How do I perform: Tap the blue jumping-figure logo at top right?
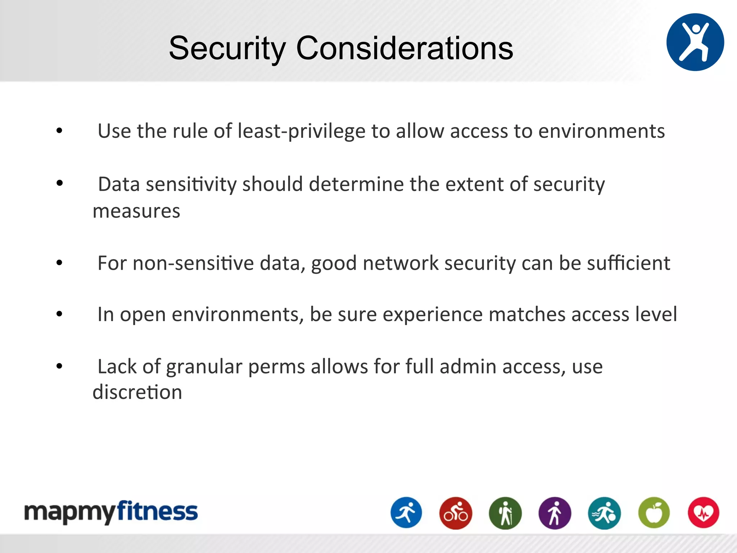(695, 42)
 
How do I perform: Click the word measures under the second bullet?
(136, 211)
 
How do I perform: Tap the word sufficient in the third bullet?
(628, 263)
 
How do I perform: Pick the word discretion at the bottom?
(137, 392)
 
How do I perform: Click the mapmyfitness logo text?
(111, 512)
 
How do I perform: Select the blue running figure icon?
(406, 513)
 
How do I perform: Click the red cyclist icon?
(456, 513)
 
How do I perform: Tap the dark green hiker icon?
(505, 513)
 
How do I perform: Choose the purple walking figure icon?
(555, 513)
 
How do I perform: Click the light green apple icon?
(654, 513)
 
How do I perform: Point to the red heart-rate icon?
(704, 513)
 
